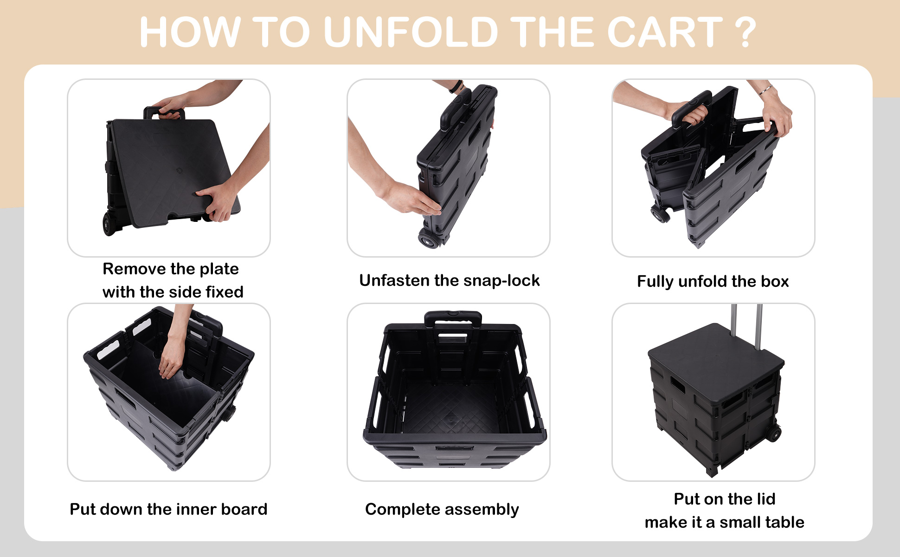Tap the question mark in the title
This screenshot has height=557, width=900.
746,32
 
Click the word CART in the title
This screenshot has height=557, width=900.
665,32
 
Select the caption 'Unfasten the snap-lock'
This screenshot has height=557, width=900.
449,280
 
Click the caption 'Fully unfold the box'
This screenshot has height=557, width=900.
713,281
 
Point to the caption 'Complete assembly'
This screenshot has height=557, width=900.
442,510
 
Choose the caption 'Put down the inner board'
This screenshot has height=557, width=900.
168,509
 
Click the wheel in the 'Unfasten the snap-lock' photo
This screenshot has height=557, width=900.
429,240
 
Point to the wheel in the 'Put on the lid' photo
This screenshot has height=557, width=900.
773,434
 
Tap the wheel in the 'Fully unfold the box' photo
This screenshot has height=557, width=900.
660,214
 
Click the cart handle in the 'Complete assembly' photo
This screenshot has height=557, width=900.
453,318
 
